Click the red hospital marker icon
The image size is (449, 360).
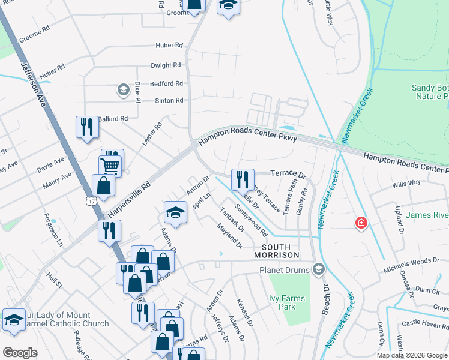point(361,223)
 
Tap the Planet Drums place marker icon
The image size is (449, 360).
point(318,269)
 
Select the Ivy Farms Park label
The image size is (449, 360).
point(287,302)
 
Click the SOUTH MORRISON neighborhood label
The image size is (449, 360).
point(276,251)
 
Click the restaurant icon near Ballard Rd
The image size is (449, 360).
point(87,127)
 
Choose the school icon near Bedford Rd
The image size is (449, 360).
point(123,91)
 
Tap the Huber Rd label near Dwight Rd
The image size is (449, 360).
point(170,45)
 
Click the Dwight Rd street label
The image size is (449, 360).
point(166,65)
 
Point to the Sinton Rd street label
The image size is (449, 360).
point(169,101)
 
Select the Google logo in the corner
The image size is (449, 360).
point(20,353)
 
